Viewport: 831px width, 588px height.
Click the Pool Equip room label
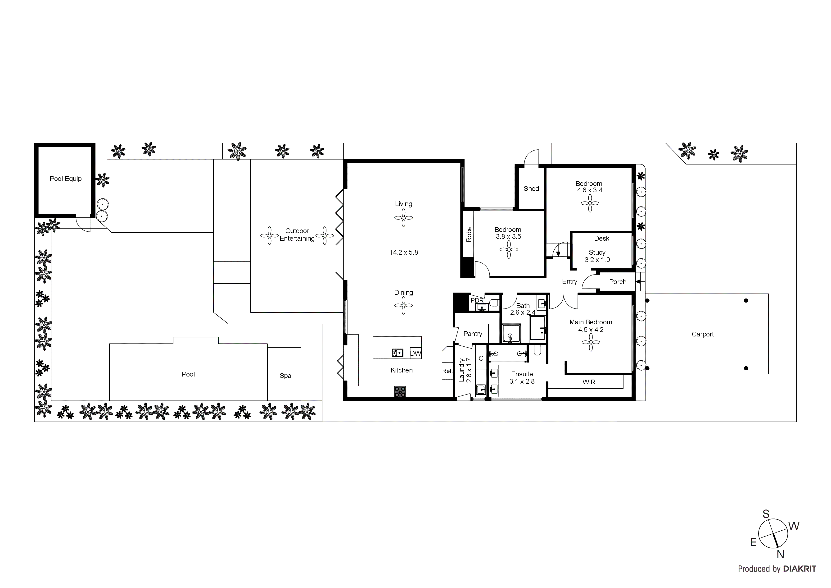pyautogui.click(x=66, y=179)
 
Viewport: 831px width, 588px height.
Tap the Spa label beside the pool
pyautogui.click(x=285, y=376)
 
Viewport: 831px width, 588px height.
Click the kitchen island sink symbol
pyautogui.click(x=397, y=353)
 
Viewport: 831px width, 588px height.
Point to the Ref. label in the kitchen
pyautogui.click(x=447, y=371)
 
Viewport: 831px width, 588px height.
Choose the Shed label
pyautogui.click(x=531, y=189)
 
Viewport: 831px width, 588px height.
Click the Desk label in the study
pyautogui.click(x=601, y=238)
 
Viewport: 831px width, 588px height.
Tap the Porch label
pyautogui.click(x=618, y=282)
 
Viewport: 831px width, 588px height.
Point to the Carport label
pyautogui.click(x=703, y=334)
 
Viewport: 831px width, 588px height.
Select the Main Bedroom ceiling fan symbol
pyautogui.click(x=591, y=342)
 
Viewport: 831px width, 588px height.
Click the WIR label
pyautogui.click(x=589, y=382)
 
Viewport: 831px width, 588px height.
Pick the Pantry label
pyautogui.click(x=473, y=334)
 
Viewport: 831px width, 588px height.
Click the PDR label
pyautogui.click(x=477, y=300)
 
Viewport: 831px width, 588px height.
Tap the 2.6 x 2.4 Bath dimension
pyautogui.click(x=523, y=312)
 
